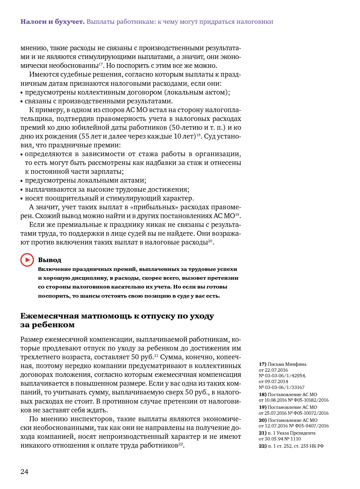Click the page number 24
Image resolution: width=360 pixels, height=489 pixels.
[x=24, y=472]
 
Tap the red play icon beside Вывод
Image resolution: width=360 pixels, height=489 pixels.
[x=27, y=260]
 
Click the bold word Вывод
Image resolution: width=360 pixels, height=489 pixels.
[x=50, y=260]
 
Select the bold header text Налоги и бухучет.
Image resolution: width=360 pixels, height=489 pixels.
[x=52, y=22]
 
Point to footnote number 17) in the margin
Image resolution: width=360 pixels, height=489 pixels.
[x=262, y=364]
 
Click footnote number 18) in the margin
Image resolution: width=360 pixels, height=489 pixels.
[x=262, y=394]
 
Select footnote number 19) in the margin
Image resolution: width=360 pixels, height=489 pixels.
[x=262, y=407]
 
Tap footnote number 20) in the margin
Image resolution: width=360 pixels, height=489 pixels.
[x=262, y=420]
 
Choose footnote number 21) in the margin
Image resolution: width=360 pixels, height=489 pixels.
[x=262, y=433]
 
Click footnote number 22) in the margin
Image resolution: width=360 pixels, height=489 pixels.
[x=262, y=446]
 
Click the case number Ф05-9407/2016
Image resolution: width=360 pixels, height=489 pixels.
[x=312, y=426]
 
